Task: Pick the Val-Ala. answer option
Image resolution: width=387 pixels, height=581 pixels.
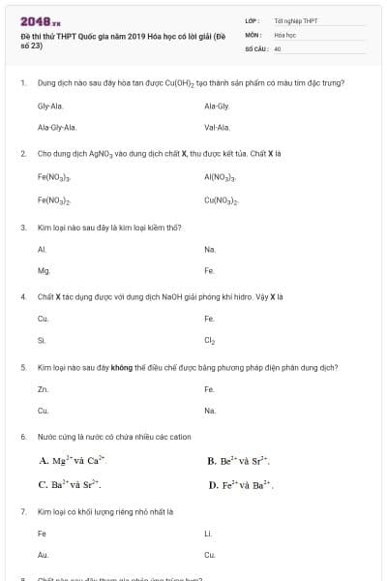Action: (x=217, y=127)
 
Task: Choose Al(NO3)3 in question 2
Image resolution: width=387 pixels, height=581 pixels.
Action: (x=221, y=178)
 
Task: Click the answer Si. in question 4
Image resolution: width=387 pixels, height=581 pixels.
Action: (x=42, y=341)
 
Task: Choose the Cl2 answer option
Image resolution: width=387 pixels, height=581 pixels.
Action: (x=210, y=341)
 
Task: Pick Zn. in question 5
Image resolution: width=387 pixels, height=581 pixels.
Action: (x=43, y=389)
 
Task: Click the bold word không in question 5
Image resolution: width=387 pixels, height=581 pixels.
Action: (x=121, y=368)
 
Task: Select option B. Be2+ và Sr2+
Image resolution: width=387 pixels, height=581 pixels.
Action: (x=238, y=462)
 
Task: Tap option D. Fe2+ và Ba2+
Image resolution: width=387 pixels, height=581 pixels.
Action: (x=240, y=484)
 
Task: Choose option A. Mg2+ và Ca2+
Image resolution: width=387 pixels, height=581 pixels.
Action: (x=72, y=462)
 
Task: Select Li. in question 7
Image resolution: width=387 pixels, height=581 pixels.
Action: (x=208, y=534)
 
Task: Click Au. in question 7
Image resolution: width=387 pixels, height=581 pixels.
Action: (x=43, y=555)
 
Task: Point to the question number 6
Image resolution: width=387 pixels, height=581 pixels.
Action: (x=22, y=438)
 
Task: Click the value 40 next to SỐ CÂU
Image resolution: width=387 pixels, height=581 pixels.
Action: (x=278, y=47)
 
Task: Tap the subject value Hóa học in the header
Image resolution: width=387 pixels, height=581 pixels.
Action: (x=284, y=34)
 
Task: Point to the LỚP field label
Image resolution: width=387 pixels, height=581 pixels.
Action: (x=252, y=20)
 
